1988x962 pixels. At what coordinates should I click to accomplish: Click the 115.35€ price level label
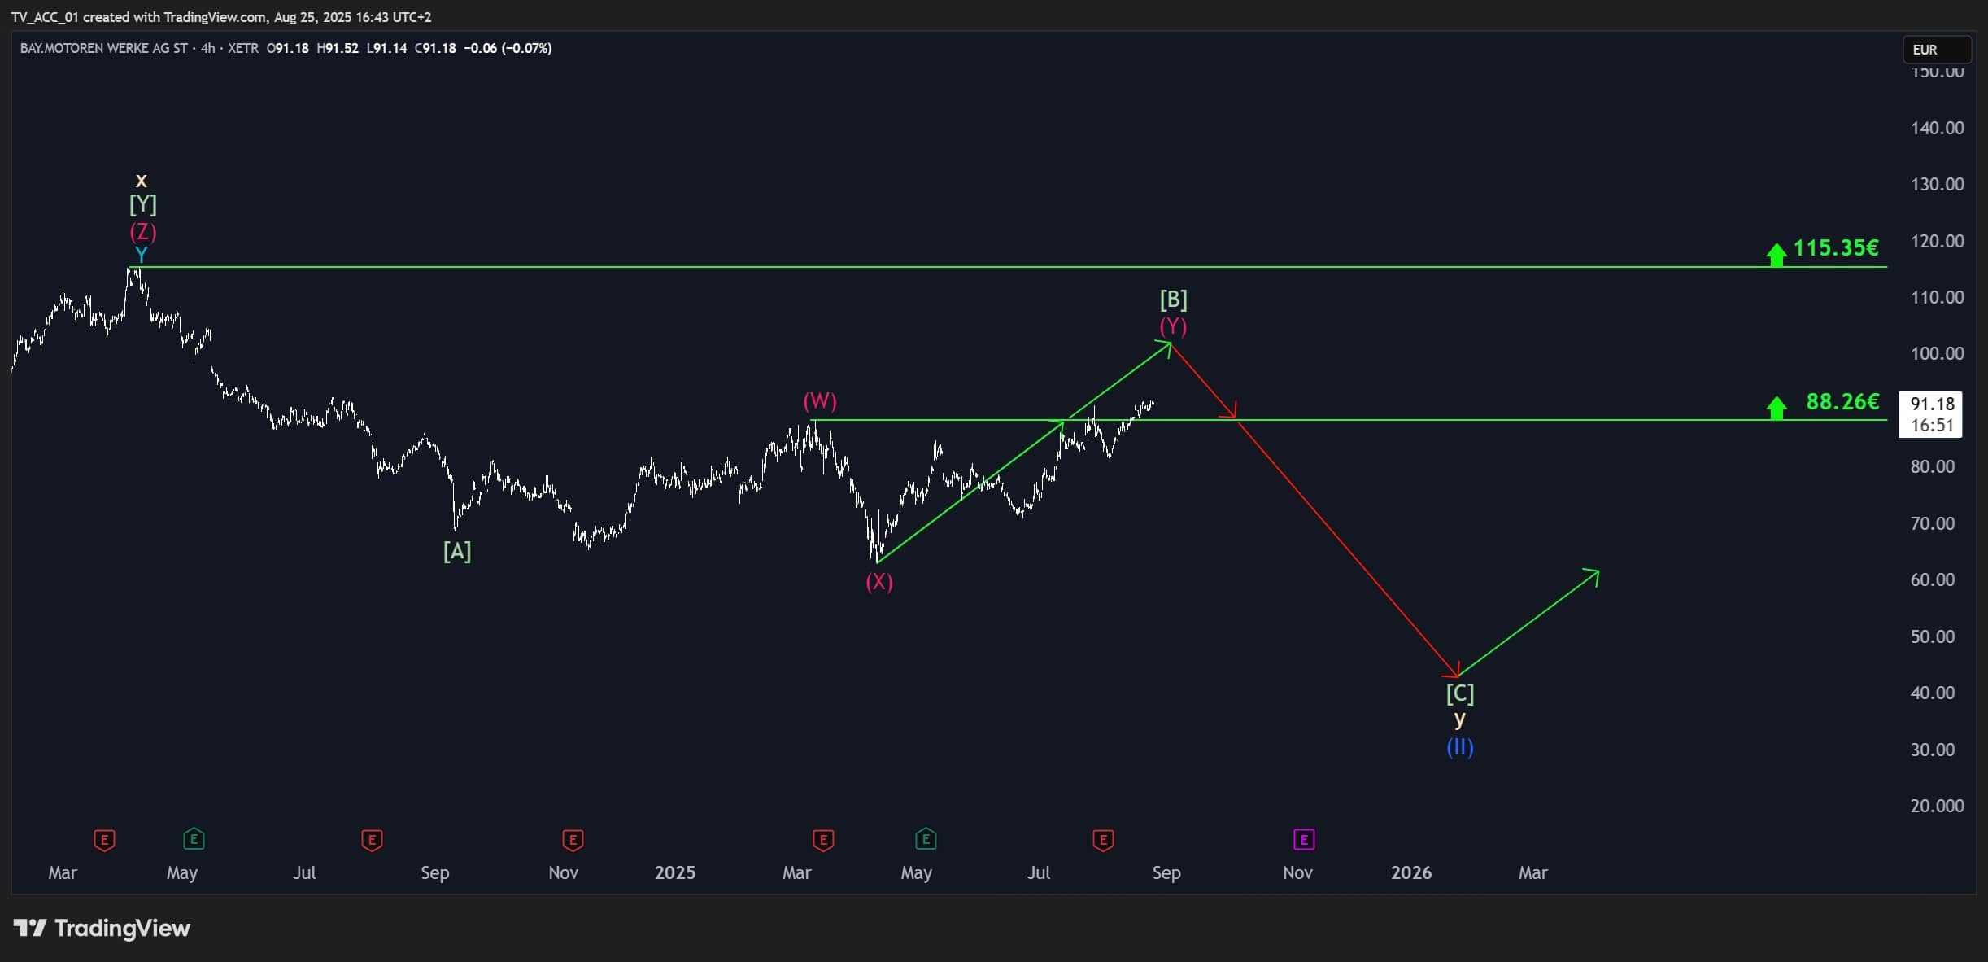point(1836,247)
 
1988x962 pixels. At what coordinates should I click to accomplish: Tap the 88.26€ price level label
point(1842,401)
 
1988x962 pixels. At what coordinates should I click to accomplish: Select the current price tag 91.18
point(1932,404)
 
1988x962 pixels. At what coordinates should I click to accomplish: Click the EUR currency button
point(1937,50)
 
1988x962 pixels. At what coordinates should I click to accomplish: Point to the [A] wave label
point(457,552)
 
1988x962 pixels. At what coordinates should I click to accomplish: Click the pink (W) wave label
point(820,400)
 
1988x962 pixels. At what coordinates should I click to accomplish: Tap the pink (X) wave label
point(879,581)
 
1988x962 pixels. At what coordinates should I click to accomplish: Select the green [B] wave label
point(1174,300)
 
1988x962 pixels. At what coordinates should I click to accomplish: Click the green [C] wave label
point(1460,693)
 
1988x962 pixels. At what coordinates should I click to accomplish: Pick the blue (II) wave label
point(1460,747)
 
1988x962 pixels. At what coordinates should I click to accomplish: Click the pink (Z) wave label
point(143,232)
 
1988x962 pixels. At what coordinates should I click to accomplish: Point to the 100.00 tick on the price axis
point(1938,353)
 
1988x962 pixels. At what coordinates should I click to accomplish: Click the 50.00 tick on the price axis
point(1938,636)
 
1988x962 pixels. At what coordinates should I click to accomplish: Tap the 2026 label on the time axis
point(1411,872)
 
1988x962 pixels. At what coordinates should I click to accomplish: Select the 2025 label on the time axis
point(675,872)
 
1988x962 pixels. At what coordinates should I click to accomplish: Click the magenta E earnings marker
point(1304,839)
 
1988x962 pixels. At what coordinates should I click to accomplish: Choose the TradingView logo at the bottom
point(102,929)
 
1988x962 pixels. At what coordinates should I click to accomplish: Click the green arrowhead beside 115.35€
point(1777,255)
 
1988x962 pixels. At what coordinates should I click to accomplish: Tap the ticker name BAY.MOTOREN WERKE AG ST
point(104,48)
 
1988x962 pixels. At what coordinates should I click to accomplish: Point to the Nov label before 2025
point(564,872)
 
